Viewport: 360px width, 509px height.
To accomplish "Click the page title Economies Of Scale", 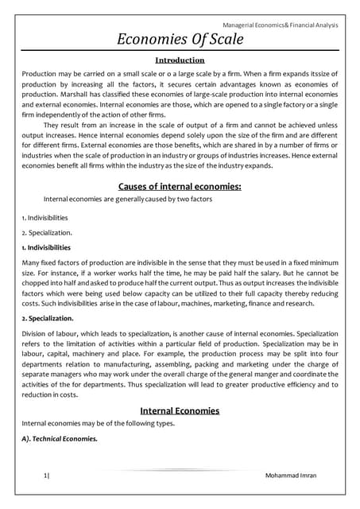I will point(180,40).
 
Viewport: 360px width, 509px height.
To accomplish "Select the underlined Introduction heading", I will point(179,60).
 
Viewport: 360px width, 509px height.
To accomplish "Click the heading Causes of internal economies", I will point(179,187).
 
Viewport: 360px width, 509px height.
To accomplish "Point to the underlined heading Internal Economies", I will point(179,411).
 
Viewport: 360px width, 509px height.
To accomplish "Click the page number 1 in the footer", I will point(45,475).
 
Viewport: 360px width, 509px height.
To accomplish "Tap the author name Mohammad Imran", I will point(296,475).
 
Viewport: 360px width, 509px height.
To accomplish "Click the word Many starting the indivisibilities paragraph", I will point(33,263).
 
